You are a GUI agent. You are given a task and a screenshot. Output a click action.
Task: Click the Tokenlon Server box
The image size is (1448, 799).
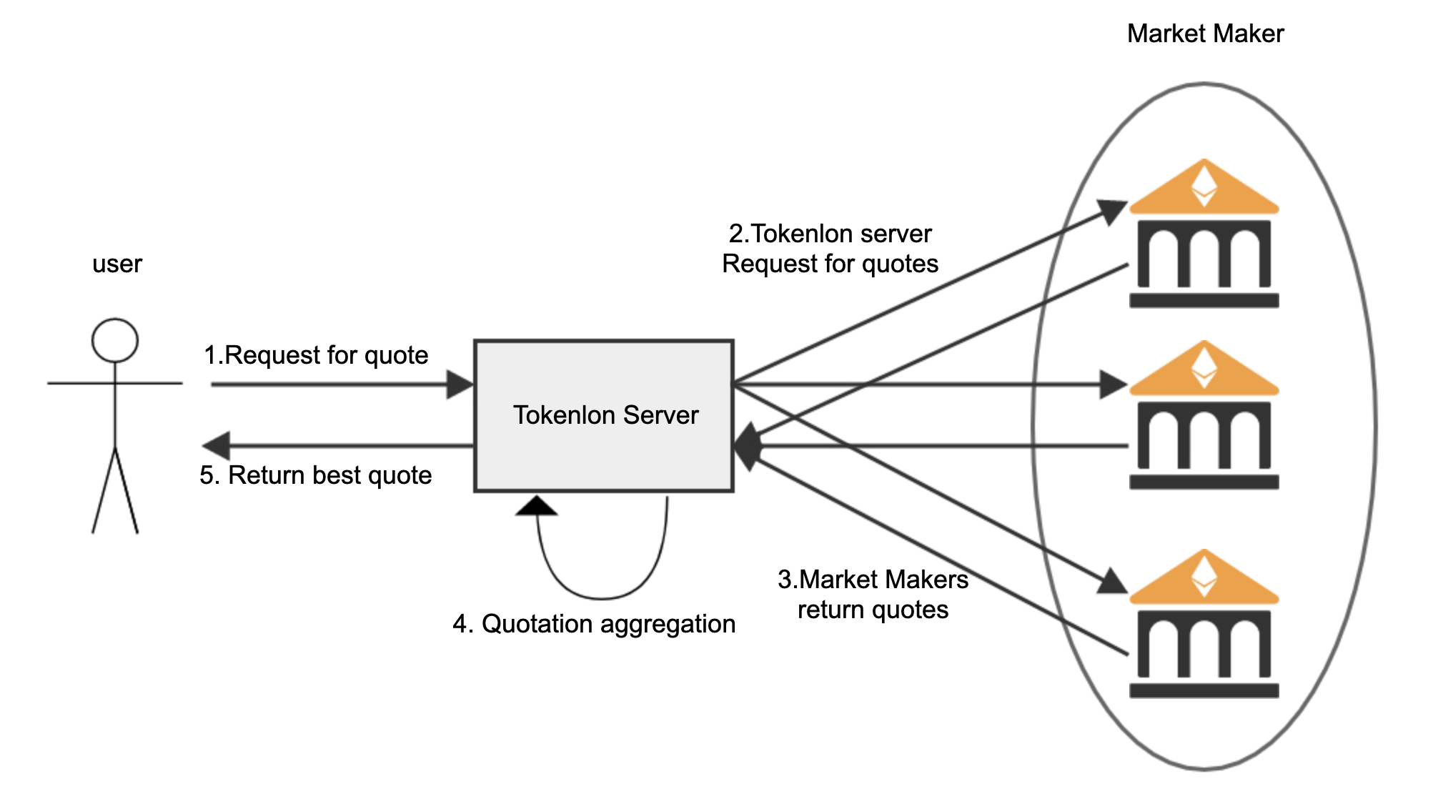(x=604, y=415)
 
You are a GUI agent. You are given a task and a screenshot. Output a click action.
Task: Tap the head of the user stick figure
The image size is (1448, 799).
(x=115, y=340)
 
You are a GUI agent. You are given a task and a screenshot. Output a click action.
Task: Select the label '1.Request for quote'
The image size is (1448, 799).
(x=316, y=355)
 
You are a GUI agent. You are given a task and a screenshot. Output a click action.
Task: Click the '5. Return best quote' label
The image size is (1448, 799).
(x=316, y=475)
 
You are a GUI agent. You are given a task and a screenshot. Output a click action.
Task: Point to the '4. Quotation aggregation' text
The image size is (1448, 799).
(x=594, y=624)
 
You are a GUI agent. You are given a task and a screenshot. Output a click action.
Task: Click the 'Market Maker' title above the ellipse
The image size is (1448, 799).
(x=1205, y=34)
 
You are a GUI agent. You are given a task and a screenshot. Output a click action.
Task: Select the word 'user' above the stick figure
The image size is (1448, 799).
(x=117, y=264)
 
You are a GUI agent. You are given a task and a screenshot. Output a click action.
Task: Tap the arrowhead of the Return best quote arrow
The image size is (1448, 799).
(x=217, y=446)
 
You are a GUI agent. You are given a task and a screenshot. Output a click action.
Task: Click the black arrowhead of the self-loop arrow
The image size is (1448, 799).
(x=536, y=507)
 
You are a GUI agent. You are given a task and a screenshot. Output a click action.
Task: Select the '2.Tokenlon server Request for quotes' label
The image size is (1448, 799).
(x=830, y=249)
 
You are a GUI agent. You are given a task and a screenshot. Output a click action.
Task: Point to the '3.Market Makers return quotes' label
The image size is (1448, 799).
(x=873, y=595)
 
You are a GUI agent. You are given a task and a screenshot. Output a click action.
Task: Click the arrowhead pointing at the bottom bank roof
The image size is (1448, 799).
(x=1112, y=582)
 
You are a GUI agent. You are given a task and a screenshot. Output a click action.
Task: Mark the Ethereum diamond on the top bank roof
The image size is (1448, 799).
(x=1204, y=185)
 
